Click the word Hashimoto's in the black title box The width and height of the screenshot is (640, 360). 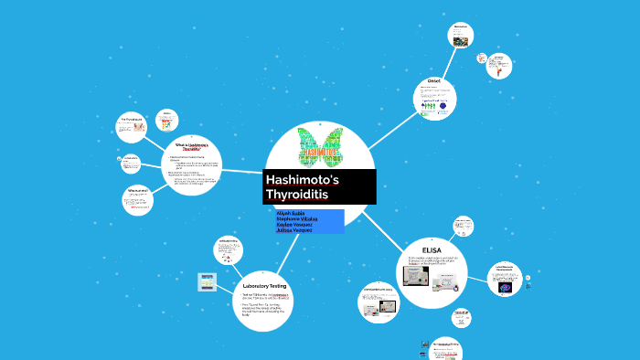(301, 180)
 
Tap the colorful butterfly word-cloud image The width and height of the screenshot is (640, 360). (320, 145)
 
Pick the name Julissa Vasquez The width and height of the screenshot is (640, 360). (294, 230)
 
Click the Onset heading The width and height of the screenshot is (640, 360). (434, 82)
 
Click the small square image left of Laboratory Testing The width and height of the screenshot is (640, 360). (208, 283)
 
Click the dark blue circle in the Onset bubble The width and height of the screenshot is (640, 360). (443, 106)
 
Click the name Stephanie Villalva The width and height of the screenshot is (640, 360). (297, 218)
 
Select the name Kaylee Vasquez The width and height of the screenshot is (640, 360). (295, 224)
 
